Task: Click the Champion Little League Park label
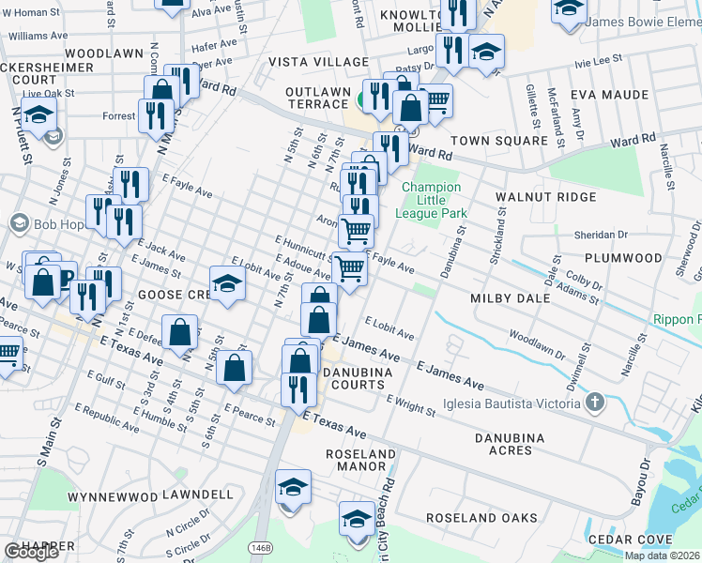pyautogui.click(x=432, y=200)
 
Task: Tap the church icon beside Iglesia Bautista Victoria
pyautogui.click(x=593, y=403)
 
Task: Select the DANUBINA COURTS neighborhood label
pyautogui.click(x=368, y=378)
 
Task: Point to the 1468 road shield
pyautogui.click(x=259, y=546)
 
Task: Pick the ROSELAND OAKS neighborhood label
pyautogui.click(x=481, y=518)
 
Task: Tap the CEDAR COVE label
pyautogui.click(x=625, y=540)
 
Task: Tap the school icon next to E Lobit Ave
pyautogui.click(x=227, y=285)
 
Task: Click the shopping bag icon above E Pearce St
pyautogui.click(x=235, y=367)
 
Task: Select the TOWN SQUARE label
pyautogui.click(x=498, y=141)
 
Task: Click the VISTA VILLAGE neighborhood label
pyautogui.click(x=318, y=62)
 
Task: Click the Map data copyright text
pyautogui.click(x=663, y=555)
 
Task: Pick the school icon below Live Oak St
pyautogui.click(x=39, y=116)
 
